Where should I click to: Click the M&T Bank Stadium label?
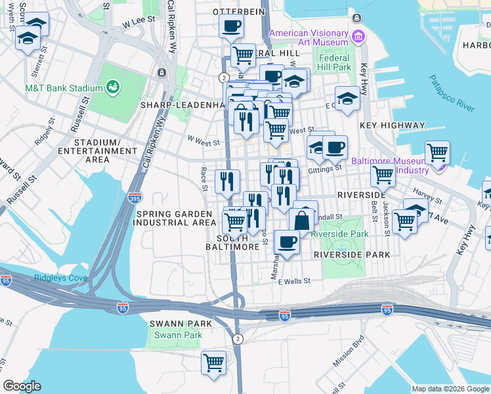(64, 88)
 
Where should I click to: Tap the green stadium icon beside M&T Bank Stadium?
(113, 87)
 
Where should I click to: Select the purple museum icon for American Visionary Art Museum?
(357, 36)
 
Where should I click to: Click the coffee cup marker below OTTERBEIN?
(230, 27)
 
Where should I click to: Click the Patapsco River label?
(453, 93)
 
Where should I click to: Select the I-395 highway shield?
(134, 198)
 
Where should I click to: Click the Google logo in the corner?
(22, 386)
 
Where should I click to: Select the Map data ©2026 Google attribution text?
(450, 389)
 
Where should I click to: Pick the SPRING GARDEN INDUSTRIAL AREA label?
(175, 218)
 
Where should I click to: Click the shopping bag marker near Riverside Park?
(302, 220)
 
